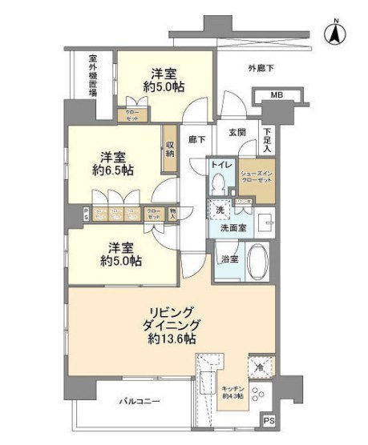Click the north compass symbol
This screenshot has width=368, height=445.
pos(334,34)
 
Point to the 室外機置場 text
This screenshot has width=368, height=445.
pos(93,77)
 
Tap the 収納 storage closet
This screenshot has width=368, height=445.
pos(170,150)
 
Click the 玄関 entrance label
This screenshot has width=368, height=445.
pos(237,134)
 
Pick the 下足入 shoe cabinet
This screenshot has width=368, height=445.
pos(268,141)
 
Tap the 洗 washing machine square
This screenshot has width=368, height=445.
pos(220,210)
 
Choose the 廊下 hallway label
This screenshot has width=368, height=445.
pos(197,138)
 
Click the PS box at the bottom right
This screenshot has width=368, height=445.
pos(269,421)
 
